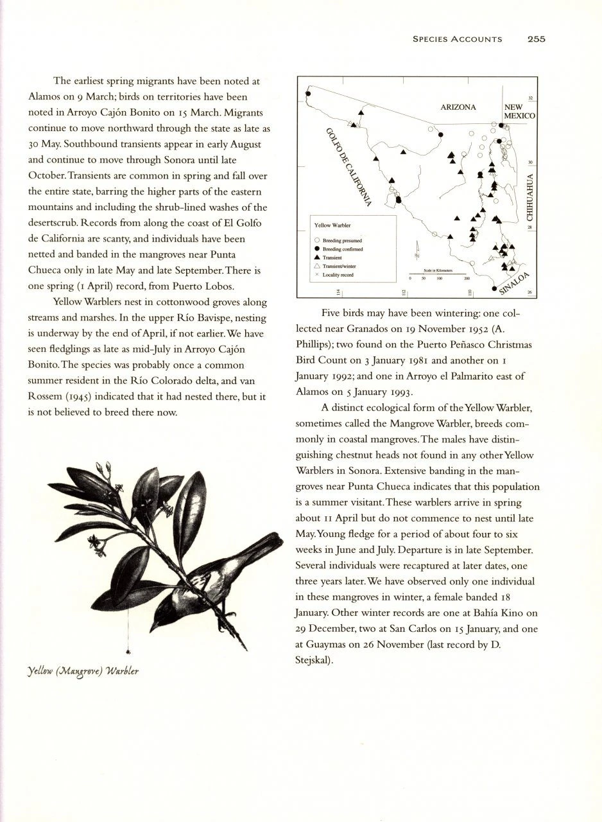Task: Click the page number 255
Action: (536, 39)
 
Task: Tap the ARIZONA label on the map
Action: (458, 107)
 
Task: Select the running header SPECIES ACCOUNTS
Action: (457, 39)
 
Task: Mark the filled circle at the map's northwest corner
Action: (307, 94)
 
